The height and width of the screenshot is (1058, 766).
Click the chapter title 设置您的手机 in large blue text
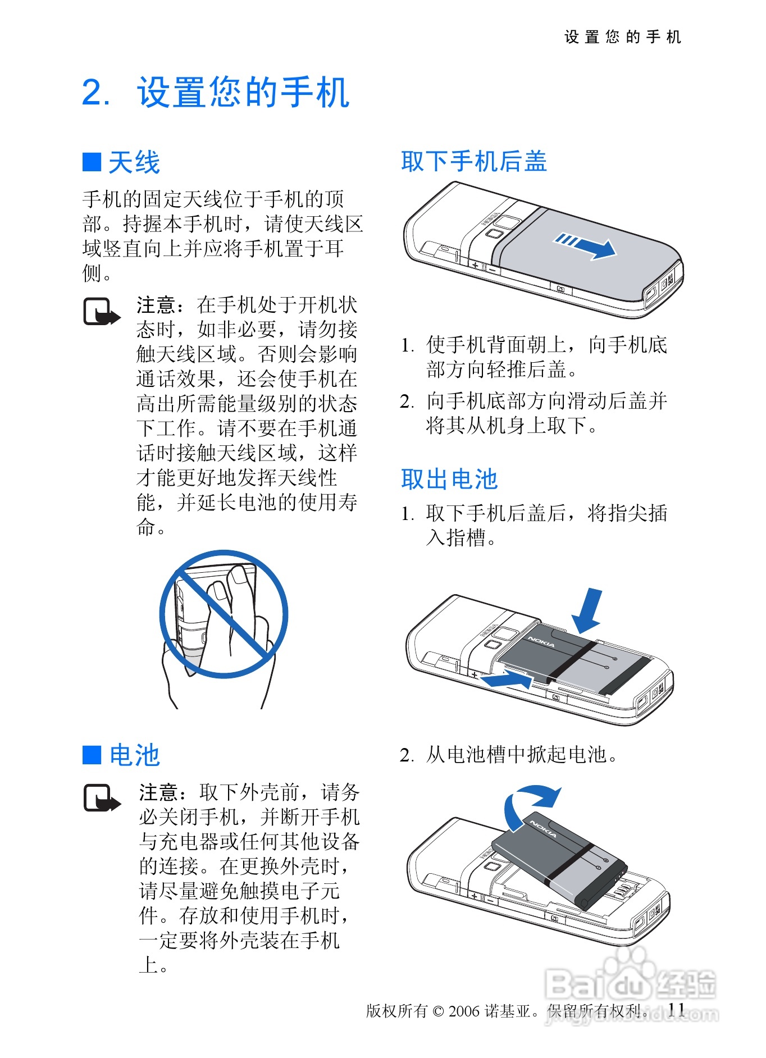[243, 92]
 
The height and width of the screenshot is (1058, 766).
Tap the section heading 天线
[134, 163]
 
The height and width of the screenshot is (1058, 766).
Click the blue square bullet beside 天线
[92, 162]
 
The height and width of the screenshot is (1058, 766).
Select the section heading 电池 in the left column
[134, 755]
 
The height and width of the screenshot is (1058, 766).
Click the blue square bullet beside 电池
[92, 755]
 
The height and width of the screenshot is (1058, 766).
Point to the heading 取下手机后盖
[474, 161]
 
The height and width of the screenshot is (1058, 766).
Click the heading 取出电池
[449, 479]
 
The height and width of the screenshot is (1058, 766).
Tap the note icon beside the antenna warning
[102, 312]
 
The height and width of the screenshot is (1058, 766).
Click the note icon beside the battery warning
[102, 798]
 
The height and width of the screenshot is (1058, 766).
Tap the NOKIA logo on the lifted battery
[543, 829]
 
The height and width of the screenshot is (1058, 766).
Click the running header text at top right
[622, 37]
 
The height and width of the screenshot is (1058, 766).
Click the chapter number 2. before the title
[96, 93]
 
